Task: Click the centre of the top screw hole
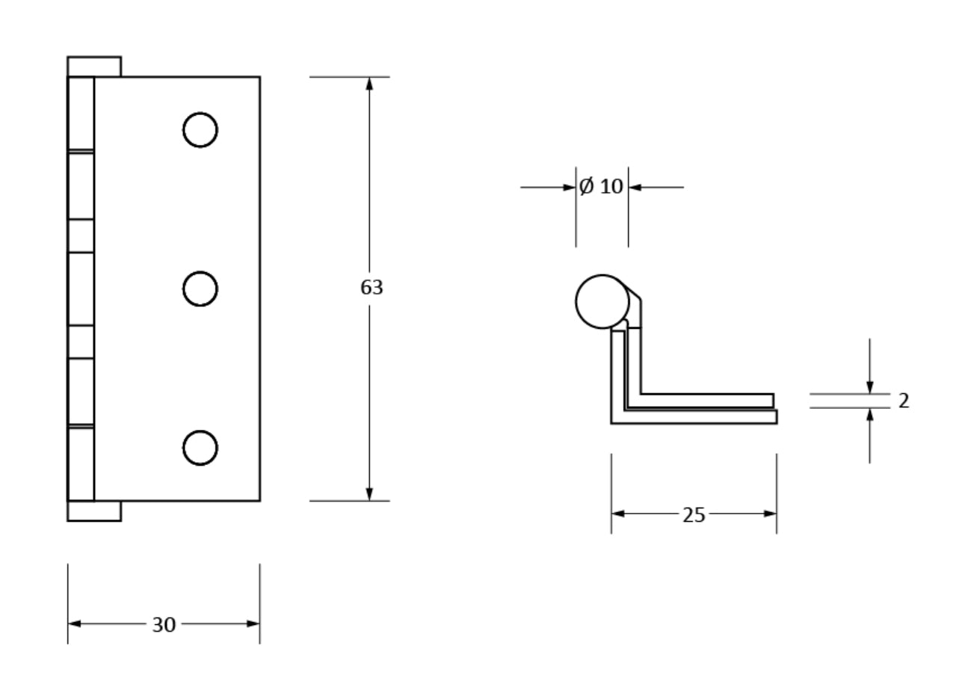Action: click(200, 129)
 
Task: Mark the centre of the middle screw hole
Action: click(200, 289)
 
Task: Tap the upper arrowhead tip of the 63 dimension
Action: click(369, 77)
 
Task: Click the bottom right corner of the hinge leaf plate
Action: click(259, 501)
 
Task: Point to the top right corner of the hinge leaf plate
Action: click(259, 77)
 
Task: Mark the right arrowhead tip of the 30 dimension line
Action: click(259, 623)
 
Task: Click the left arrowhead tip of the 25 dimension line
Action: click(611, 514)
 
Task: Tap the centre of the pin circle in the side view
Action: click(602, 301)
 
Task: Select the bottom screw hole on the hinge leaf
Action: click(200, 448)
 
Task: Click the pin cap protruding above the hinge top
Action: click(94, 67)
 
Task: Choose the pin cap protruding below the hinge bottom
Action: click(94, 511)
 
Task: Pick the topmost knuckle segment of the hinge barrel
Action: click(81, 114)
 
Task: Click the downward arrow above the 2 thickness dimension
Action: click(870, 366)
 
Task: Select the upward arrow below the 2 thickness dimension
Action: click(870, 436)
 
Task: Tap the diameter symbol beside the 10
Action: click(587, 186)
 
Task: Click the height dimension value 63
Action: click(372, 288)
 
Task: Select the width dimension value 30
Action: click(164, 625)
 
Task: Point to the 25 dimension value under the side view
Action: click(694, 515)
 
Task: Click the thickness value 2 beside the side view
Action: click(904, 401)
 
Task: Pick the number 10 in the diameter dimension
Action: click(611, 187)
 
